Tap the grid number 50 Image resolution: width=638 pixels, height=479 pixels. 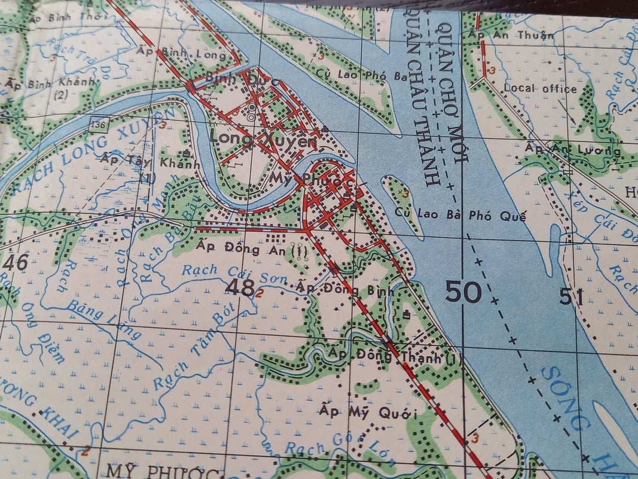tap(463, 292)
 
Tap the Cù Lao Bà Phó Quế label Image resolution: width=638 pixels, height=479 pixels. tap(460, 216)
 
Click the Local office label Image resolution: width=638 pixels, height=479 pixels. tap(540, 89)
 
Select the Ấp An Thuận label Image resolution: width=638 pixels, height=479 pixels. tap(512, 35)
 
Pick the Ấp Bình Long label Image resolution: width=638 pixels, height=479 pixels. tap(182, 54)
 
